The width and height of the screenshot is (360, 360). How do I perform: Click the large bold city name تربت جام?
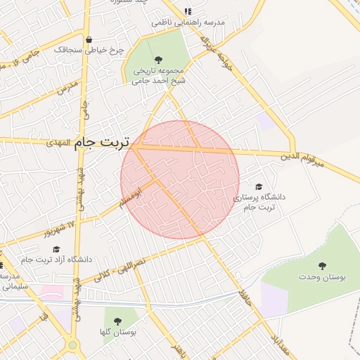(102, 143)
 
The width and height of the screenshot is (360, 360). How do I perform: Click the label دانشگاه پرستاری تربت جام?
(263, 202)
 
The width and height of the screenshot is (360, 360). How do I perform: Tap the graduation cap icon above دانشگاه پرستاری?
(258, 187)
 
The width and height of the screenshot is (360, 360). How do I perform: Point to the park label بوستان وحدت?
(323, 278)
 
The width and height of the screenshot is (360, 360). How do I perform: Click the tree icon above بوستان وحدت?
(322, 266)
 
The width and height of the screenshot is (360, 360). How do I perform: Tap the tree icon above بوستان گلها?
(117, 321)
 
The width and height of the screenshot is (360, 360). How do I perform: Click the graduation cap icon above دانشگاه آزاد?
(56, 249)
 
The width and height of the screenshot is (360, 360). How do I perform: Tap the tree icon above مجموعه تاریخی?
(157, 59)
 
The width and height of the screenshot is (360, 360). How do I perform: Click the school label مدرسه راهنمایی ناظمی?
(188, 23)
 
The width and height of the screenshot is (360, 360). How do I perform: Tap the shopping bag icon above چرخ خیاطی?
(89, 39)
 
